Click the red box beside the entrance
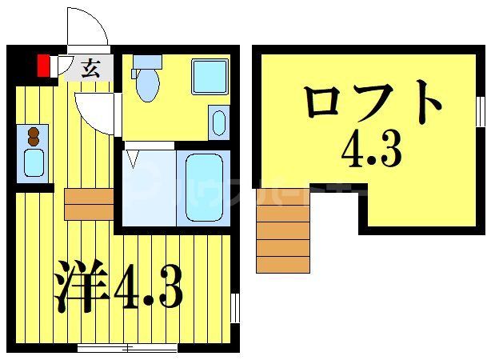click(x=44, y=64)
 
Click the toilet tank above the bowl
click(x=146, y=62)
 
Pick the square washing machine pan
click(x=210, y=76)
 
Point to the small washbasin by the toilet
click(x=218, y=122)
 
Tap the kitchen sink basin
click(x=34, y=162)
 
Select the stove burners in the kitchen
click(x=34, y=135)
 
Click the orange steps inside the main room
click(x=89, y=204)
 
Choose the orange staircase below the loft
click(x=283, y=238)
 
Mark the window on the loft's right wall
click(x=481, y=111)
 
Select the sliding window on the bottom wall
click(x=127, y=348)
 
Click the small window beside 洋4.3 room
click(x=235, y=308)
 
